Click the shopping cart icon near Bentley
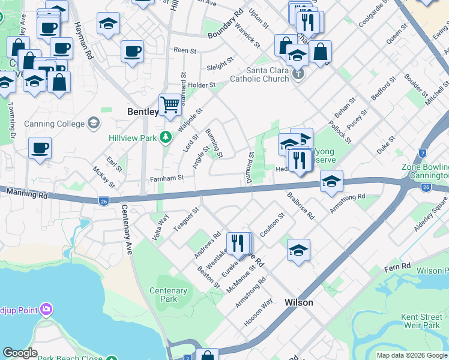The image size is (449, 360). [170, 105]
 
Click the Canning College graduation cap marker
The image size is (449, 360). [93, 124]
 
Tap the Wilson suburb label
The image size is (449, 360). [298, 302]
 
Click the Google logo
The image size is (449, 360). [20, 353]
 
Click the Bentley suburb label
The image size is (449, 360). [143, 112]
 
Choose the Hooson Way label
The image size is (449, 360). [258, 312]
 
